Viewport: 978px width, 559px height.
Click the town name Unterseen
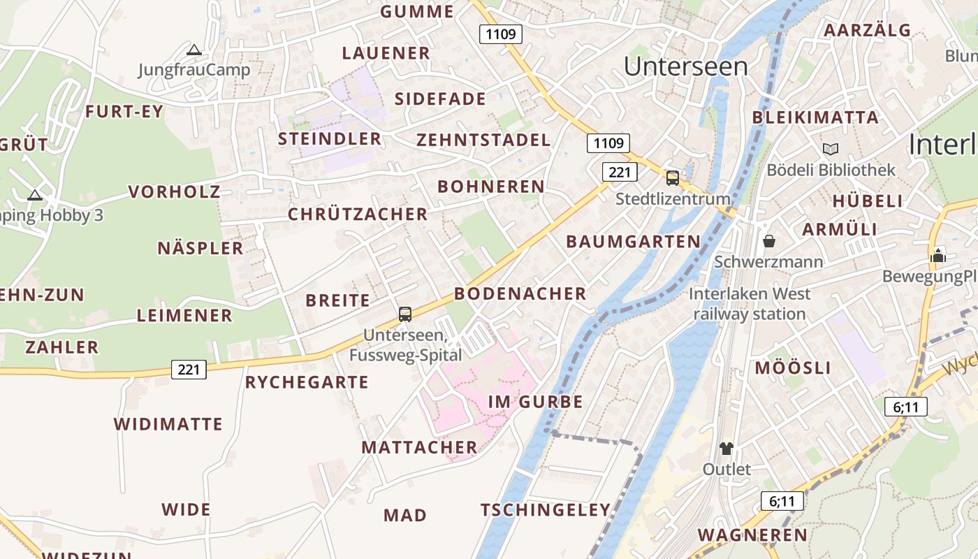[685, 66]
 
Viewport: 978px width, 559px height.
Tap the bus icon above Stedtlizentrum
[672, 177]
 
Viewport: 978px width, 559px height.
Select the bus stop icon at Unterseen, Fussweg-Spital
[405, 314]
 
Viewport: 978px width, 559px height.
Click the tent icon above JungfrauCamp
[194, 50]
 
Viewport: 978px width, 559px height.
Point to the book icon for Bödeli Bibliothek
[830, 149]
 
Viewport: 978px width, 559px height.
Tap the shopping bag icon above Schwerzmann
[769, 241]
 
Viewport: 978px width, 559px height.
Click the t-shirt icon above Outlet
[727, 448]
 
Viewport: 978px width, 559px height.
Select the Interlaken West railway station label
[750, 304]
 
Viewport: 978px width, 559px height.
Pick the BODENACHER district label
[520, 293]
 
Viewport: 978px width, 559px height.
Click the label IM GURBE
[535, 402]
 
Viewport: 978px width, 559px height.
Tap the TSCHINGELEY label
[546, 510]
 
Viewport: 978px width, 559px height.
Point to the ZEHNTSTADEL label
[483, 140]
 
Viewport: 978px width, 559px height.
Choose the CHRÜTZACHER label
[358, 215]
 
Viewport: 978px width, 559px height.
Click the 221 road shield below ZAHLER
[189, 369]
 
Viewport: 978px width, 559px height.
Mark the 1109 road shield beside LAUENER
[501, 34]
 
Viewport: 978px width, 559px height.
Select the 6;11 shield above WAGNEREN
[782, 501]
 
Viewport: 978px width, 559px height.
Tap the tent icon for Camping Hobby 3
[34, 195]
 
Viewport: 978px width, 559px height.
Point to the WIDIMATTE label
[168, 424]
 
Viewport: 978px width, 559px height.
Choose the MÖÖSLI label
[793, 368]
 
